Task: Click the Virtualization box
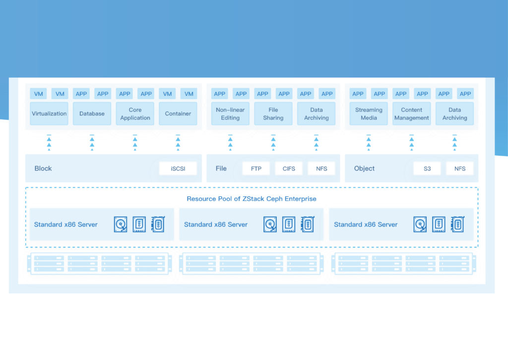tap(49, 114)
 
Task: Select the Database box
tap(92, 114)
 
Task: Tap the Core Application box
tap(135, 114)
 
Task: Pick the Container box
tap(178, 114)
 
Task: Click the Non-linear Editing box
tap(230, 114)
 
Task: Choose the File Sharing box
tap(273, 114)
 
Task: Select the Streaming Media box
tap(369, 114)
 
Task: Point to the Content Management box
tap(412, 114)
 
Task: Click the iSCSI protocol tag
tap(178, 169)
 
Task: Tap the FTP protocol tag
tap(256, 169)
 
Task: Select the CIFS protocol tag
tap(289, 169)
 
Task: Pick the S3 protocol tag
tap(427, 169)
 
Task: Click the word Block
tap(43, 169)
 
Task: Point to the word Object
tap(364, 169)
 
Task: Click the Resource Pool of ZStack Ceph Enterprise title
tap(252, 199)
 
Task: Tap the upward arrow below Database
tap(92, 143)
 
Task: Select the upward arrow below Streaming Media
tap(369, 143)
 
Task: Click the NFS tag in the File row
tap(321, 169)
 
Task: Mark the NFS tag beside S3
tap(460, 169)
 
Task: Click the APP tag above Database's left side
tap(81, 94)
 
